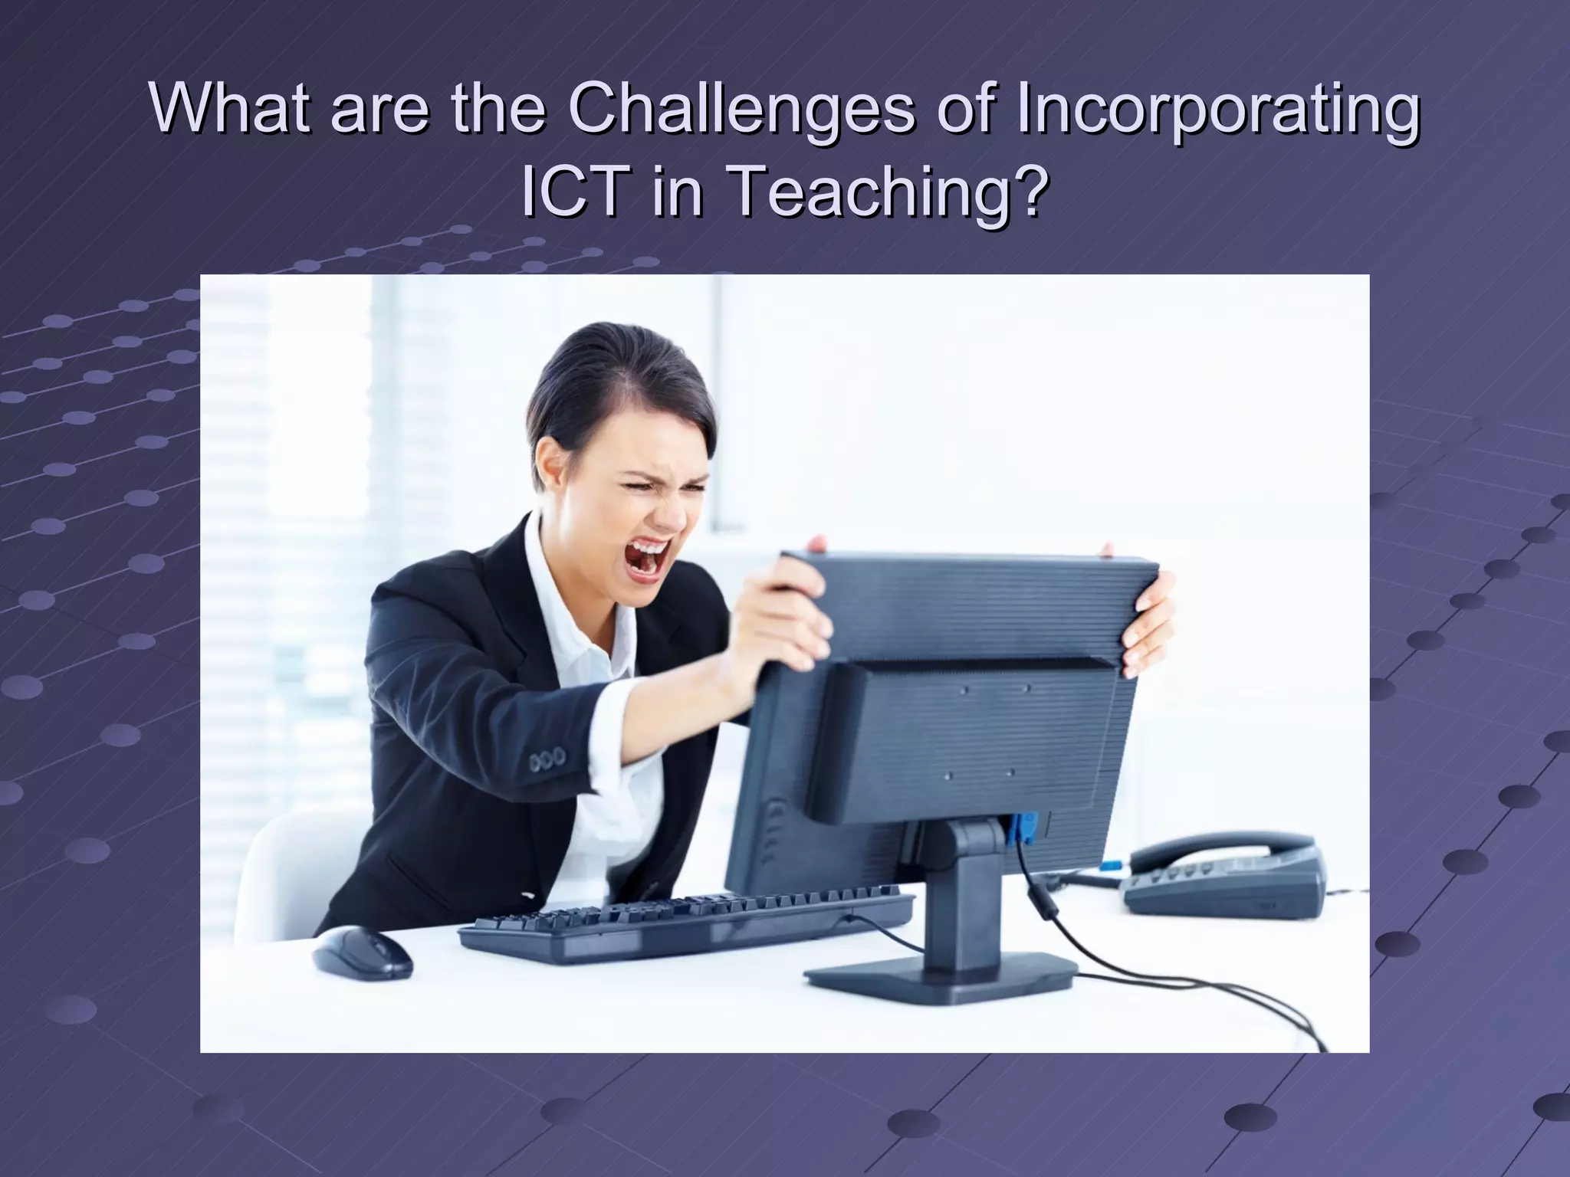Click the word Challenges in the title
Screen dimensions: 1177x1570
point(740,113)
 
